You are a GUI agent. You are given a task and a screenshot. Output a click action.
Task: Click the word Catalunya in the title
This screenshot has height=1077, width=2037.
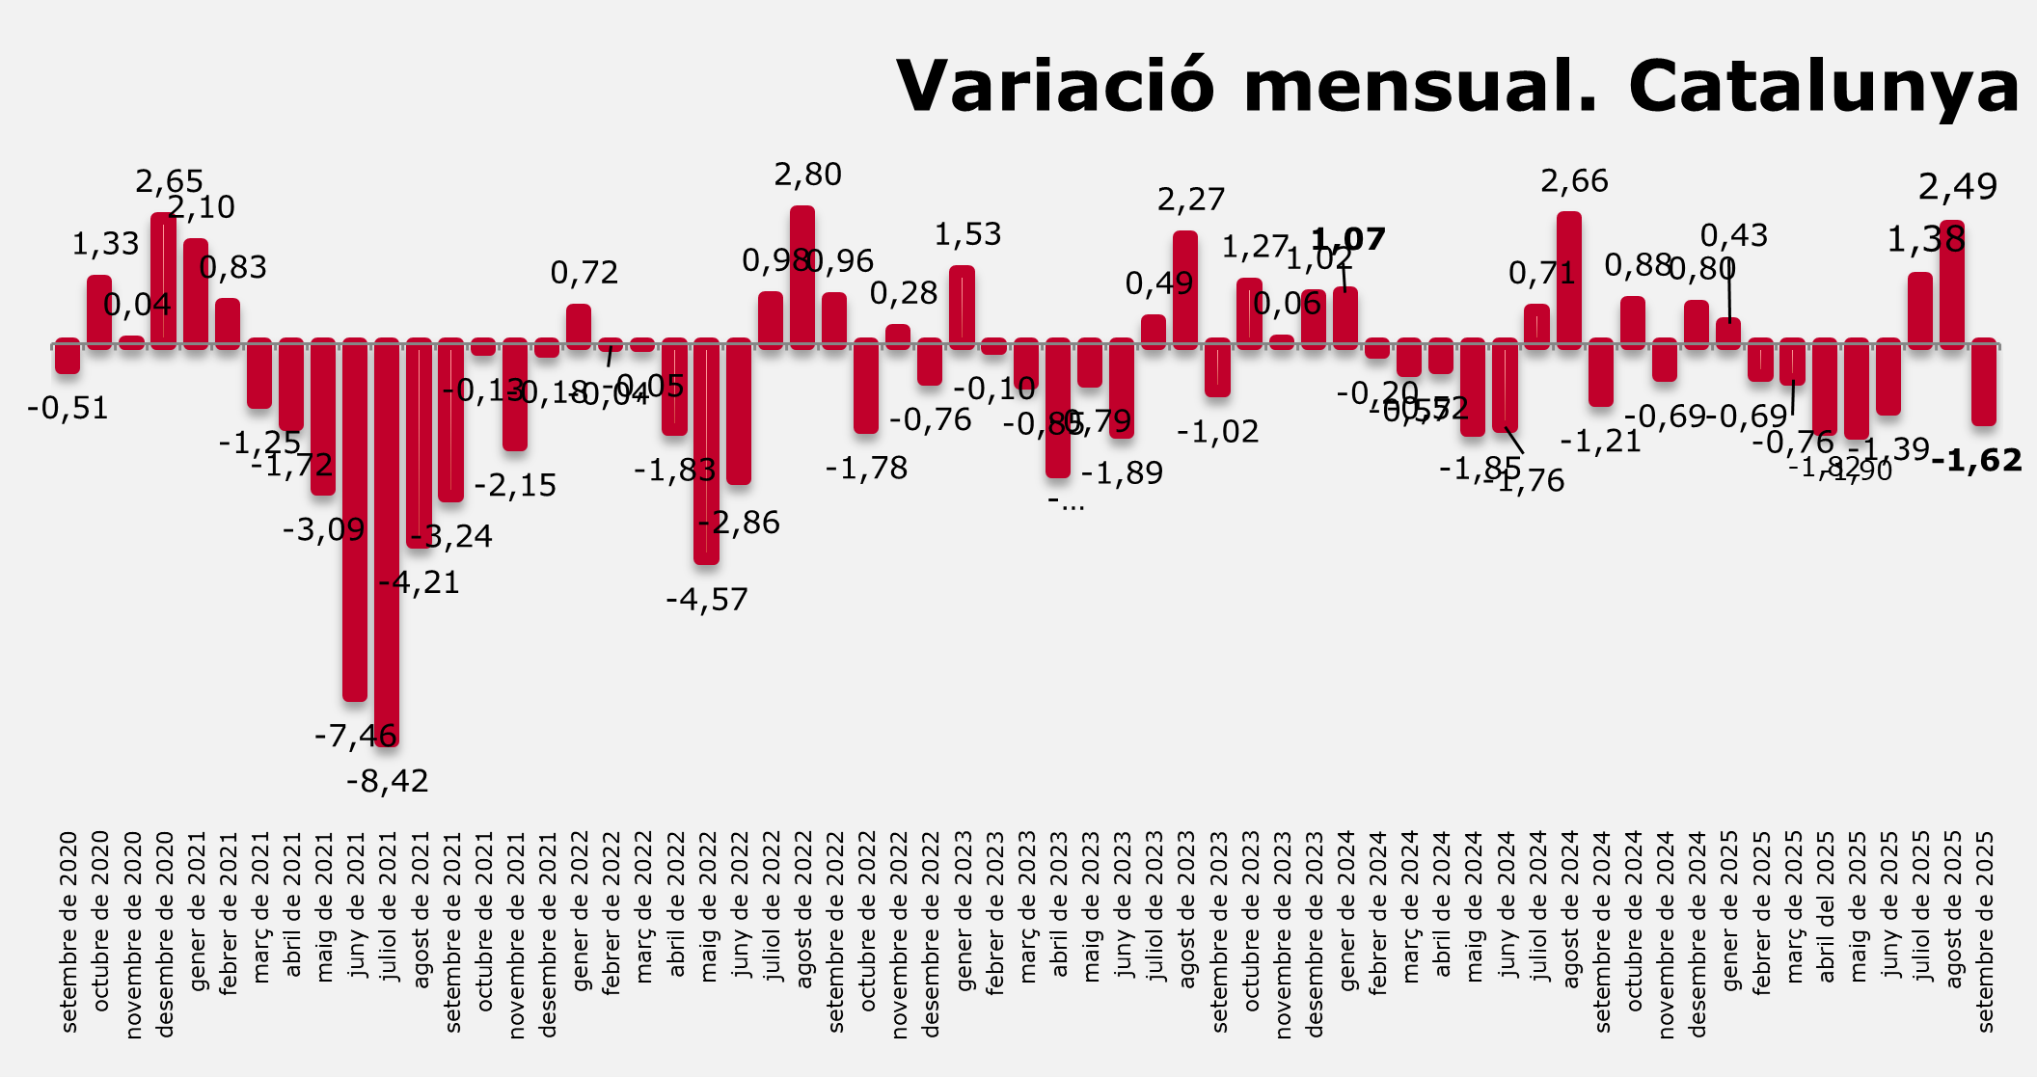1824,87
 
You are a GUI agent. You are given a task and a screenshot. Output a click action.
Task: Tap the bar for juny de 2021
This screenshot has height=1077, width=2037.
355,521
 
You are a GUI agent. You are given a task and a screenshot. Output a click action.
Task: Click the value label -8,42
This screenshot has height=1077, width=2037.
388,781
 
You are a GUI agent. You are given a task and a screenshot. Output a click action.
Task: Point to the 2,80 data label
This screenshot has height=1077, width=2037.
808,175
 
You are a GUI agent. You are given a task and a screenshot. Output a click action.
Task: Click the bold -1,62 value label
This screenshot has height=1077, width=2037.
1977,461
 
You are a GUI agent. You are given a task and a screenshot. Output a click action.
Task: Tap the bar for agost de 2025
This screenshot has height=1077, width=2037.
1952,283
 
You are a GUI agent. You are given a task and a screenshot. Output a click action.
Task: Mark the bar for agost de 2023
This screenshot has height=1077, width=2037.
1185,289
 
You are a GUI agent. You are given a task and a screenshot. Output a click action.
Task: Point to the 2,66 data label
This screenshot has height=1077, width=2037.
1575,181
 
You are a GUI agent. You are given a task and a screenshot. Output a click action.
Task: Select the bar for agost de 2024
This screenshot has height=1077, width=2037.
1569,280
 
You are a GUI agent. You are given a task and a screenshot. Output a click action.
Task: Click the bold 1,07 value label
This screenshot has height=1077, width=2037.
1348,239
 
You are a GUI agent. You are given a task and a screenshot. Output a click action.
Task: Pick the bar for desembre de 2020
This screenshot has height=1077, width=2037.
164,280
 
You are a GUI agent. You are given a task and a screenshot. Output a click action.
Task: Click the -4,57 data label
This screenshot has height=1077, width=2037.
707,600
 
